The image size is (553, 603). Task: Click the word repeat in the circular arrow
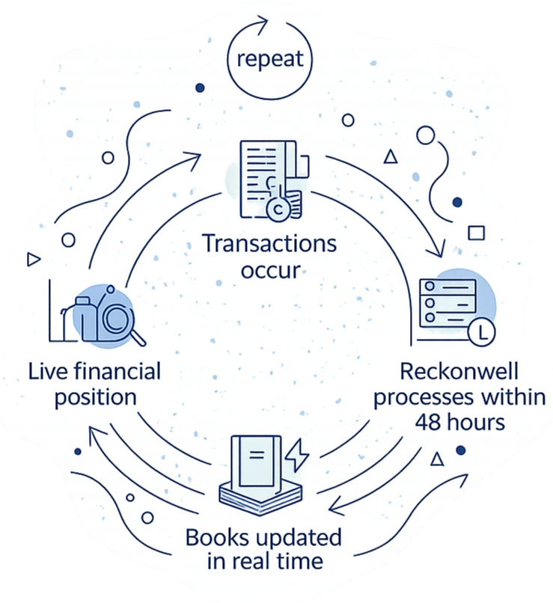[270, 58]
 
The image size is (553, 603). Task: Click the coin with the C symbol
[278, 210]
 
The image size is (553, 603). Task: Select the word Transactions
[269, 245]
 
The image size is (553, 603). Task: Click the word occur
[269, 269]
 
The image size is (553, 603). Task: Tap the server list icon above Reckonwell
[447, 301]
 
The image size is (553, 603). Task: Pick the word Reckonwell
[459, 372]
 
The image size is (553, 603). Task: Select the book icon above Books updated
[259, 471]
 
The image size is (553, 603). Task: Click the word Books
[216, 537]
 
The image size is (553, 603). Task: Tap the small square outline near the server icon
[476, 233]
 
